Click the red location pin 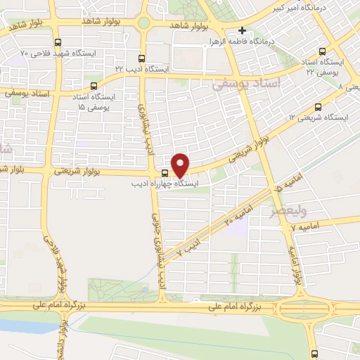click(181, 165)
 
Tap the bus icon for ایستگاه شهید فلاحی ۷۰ click(58, 41)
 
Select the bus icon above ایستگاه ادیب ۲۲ click(143, 58)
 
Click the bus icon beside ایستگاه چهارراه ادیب click(165, 173)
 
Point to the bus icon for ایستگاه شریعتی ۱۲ click(318, 108)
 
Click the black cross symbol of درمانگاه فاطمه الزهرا click(242, 31)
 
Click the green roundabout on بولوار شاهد click(143, 22)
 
